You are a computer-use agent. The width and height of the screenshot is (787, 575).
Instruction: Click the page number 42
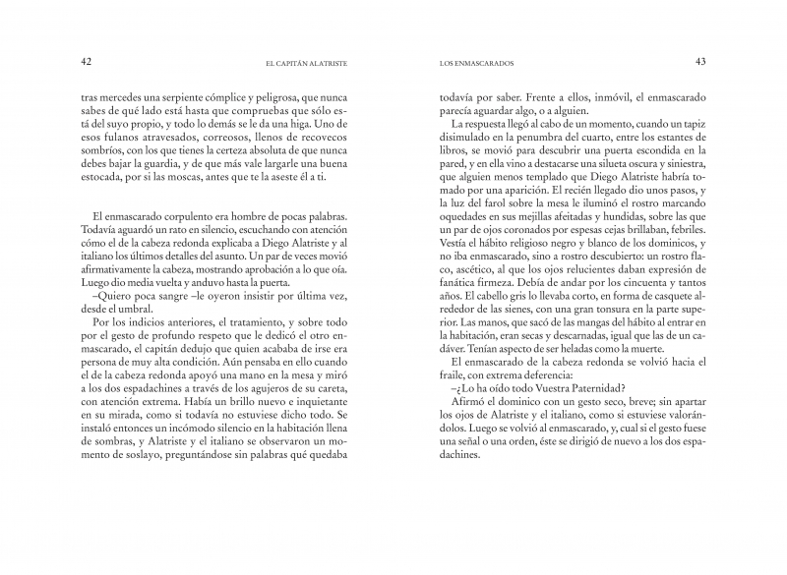[86, 62]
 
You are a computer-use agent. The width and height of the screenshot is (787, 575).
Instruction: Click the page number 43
[700, 62]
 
